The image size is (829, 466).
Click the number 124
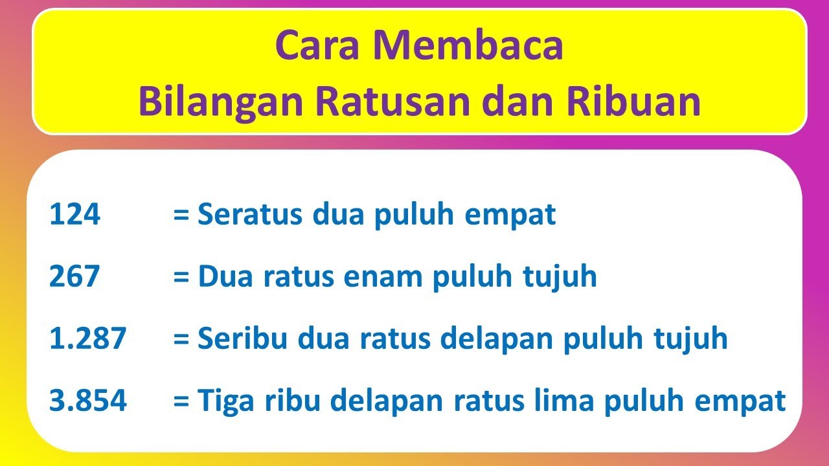(74, 215)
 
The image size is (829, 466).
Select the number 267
(74, 277)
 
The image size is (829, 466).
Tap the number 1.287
(87, 339)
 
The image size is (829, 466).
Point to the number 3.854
(88, 401)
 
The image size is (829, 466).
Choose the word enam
(383, 277)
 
